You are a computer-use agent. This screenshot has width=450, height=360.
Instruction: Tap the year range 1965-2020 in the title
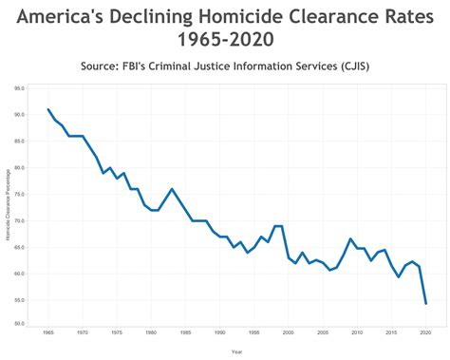click(x=225, y=42)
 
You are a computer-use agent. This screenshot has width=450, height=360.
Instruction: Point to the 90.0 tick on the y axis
click(x=19, y=115)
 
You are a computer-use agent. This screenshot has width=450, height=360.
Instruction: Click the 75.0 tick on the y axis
click(x=19, y=195)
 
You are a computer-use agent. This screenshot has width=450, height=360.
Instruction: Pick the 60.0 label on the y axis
click(x=19, y=274)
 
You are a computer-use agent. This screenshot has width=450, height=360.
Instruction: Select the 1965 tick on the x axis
click(x=48, y=333)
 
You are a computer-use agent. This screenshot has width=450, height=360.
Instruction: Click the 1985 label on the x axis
click(x=185, y=333)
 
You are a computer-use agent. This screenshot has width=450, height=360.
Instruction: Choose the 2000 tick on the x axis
click(x=289, y=333)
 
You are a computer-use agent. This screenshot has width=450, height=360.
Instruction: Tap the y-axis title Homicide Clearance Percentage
click(x=7, y=210)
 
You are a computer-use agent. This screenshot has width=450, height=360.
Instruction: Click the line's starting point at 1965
click(x=48, y=109)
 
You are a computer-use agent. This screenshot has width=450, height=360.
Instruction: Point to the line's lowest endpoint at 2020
click(x=425, y=304)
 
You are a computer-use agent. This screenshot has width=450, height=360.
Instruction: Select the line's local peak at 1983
click(x=172, y=189)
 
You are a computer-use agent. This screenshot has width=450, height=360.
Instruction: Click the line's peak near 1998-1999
click(x=278, y=226)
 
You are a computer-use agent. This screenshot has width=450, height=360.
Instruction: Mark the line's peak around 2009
click(x=350, y=239)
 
